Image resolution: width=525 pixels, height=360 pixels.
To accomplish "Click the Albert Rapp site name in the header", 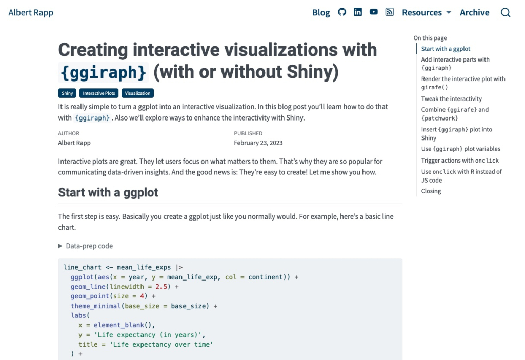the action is pos(31,13).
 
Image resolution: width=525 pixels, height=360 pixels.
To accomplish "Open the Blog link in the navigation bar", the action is pos(321,13).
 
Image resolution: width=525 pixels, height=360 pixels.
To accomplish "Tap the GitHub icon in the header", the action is pos(342,12).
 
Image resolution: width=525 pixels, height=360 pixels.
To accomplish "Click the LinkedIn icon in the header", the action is pos(357,12).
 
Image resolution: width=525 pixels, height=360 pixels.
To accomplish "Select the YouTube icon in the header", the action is pos(373,12).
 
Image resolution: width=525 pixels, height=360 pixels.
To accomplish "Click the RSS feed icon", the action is pos(390,12).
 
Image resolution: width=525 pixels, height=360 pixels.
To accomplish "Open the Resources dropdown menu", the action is pos(426,13).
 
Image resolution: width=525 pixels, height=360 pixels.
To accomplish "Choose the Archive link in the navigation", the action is pos(474,13).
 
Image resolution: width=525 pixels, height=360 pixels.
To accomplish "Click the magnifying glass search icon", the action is pos(506,13).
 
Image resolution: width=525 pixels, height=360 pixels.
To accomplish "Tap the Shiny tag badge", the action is pos(67,93).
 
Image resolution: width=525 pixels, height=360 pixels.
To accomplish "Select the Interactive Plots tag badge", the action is pos(99,93).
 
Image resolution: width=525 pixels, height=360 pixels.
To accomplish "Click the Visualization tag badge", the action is pos(137,93).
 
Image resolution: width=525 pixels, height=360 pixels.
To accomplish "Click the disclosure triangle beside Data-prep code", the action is pos(60,246).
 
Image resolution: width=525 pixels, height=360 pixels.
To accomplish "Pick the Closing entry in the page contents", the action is pos(431,191).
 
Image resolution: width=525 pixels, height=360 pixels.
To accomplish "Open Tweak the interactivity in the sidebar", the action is pos(451,99).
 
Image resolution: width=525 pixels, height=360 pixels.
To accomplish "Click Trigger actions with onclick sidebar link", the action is pos(460,161).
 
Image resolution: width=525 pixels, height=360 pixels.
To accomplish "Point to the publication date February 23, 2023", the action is pos(258,143).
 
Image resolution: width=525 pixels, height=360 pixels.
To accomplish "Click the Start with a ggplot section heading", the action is pos(108,192).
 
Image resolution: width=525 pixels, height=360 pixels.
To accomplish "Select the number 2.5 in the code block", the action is pos(161,287).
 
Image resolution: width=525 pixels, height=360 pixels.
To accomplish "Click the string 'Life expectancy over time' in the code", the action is pos(161,344).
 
